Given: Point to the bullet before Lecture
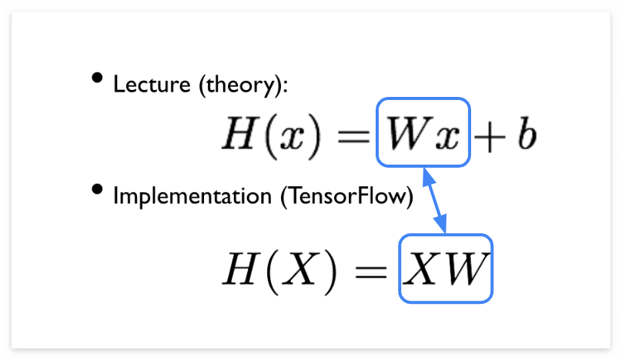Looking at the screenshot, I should point(96,77).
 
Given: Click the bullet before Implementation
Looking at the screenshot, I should point(96,189).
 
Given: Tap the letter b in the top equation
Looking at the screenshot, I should point(527,135).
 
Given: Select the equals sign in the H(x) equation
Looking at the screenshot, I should point(356,137).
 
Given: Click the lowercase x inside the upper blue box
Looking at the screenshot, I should point(446,138).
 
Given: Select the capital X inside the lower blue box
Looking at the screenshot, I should point(425,268).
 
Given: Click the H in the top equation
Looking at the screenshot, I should point(239,135).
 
